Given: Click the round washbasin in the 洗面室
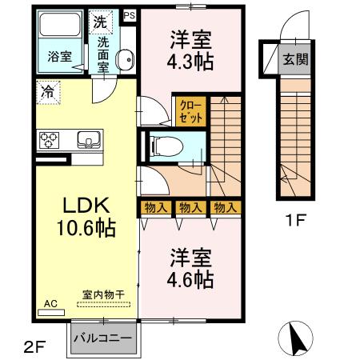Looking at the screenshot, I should tap(125, 58).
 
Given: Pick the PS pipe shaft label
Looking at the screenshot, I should tap(129, 14).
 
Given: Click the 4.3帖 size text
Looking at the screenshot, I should tap(191, 61).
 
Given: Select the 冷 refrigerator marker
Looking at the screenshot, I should tap(48, 92).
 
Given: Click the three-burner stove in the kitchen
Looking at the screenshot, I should tap(50, 141).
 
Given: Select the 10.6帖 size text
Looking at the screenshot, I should tap(84, 227).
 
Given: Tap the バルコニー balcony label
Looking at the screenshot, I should tap(103, 338).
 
